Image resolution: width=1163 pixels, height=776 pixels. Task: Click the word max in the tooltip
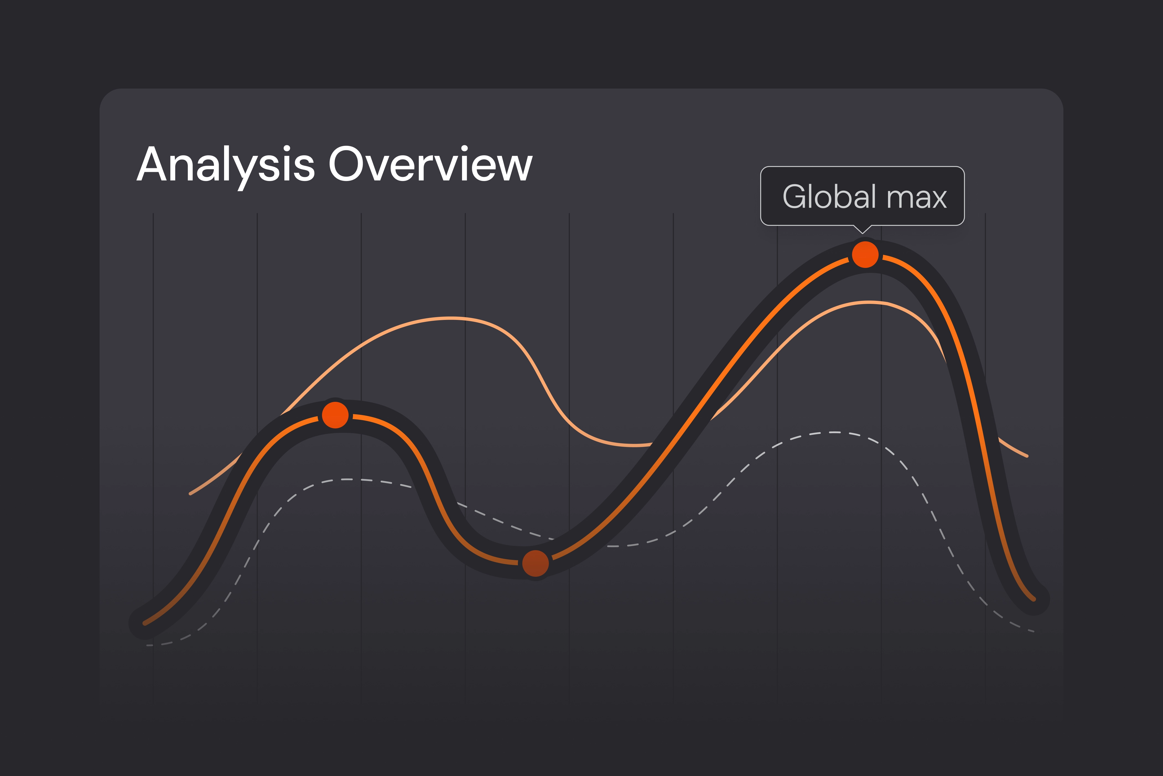917,198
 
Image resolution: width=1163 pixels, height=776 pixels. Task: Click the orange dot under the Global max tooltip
865,255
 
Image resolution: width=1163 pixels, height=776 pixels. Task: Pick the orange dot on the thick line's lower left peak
335,415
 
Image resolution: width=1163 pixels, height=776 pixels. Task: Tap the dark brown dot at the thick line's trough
535,563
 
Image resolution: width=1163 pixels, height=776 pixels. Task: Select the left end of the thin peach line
190,493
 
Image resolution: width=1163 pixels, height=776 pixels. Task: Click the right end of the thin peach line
1027,456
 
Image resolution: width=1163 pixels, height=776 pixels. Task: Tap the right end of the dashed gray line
1033,632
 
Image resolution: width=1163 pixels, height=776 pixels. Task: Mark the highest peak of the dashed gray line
835,433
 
